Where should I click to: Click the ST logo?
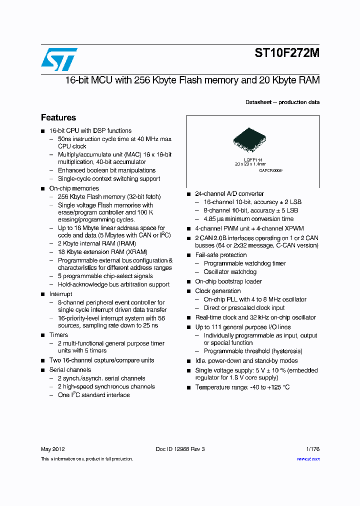point(59,59)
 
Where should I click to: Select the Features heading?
point(58,117)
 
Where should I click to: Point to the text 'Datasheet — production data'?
point(282,102)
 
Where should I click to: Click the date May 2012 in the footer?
point(52,449)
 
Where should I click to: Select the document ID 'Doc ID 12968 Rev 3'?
point(180,449)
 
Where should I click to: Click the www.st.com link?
point(308,458)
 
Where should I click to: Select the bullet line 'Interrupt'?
point(60,294)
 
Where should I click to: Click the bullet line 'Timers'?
point(58,335)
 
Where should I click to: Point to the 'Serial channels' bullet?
point(70,370)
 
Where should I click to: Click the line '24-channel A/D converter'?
point(229,193)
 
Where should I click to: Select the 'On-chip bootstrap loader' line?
point(228,281)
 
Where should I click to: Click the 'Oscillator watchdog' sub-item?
point(230,271)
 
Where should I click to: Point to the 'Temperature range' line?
point(242,387)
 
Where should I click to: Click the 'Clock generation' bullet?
point(218,291)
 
